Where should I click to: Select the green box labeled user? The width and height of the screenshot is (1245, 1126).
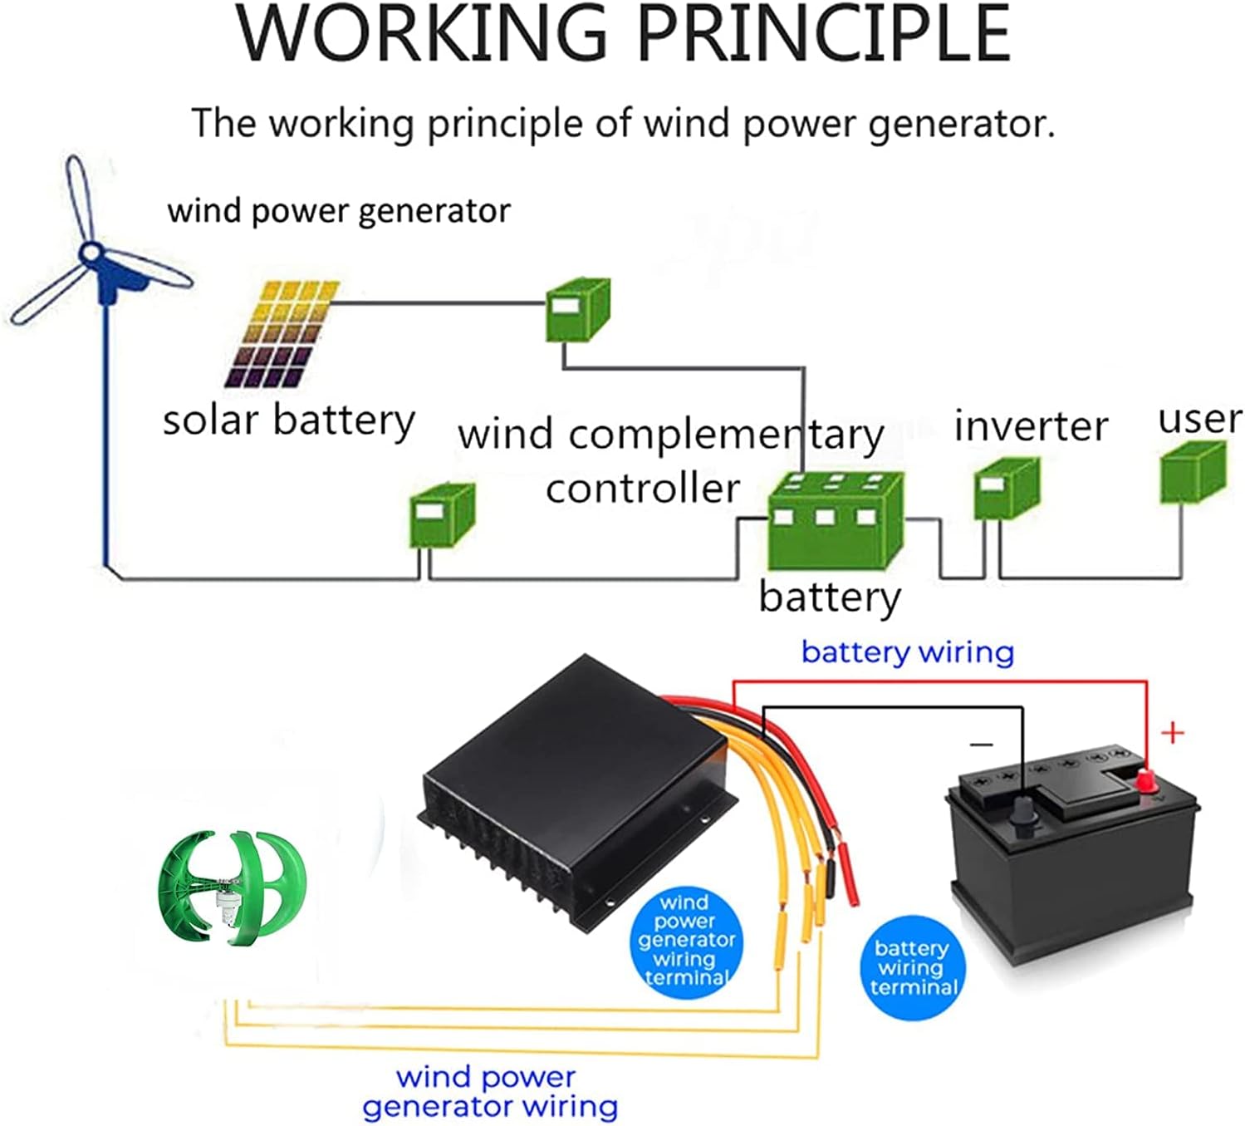[1192, 472]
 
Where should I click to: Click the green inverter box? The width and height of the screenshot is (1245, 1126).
[1006, 489]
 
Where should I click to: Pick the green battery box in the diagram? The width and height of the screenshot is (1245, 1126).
[835, 520]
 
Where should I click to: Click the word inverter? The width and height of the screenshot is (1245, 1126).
[1031, 426]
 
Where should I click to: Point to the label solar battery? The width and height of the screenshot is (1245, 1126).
[288, 420]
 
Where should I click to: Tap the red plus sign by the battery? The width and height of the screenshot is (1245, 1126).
[1172, 733]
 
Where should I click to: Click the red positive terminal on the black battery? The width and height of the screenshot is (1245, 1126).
[1146, 780]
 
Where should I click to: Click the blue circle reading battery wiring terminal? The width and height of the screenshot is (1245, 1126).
[913, 967]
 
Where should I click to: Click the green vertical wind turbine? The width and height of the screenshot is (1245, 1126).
[232, 888]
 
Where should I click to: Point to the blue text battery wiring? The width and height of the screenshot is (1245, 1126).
[907, 652]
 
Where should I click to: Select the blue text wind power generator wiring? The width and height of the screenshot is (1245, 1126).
[490, 1092]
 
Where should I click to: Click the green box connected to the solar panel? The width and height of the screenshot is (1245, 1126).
[577, 310]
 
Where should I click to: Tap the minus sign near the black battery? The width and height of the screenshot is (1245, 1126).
[982, 744]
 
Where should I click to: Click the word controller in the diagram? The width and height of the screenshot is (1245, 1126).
[642, 489]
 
